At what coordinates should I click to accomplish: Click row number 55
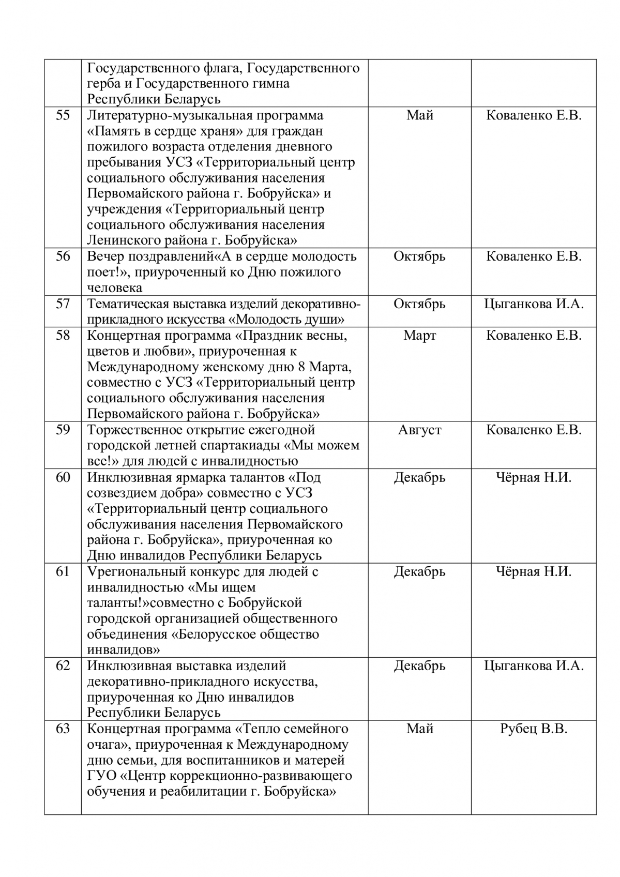click(63, 115)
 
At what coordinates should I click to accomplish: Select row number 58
click(63, 336)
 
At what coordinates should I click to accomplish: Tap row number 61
click(63, 571)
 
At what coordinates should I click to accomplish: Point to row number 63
click(63, 729)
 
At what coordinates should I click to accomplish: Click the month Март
click(419, 336)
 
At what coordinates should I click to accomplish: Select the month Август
click(419, 430)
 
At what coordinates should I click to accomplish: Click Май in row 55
click(419, 115)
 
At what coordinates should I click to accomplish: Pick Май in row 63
click(419, 729)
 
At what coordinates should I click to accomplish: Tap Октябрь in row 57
click(419, 304)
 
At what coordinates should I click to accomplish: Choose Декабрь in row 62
click(419, 666)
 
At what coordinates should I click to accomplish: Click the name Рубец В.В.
click(534, 729)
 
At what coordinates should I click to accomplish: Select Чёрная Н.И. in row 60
click(534, 477)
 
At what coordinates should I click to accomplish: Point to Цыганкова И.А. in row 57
click(534, 304)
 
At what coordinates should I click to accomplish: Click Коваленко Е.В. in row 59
click(534, 430)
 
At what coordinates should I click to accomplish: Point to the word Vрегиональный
click(137, 571)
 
